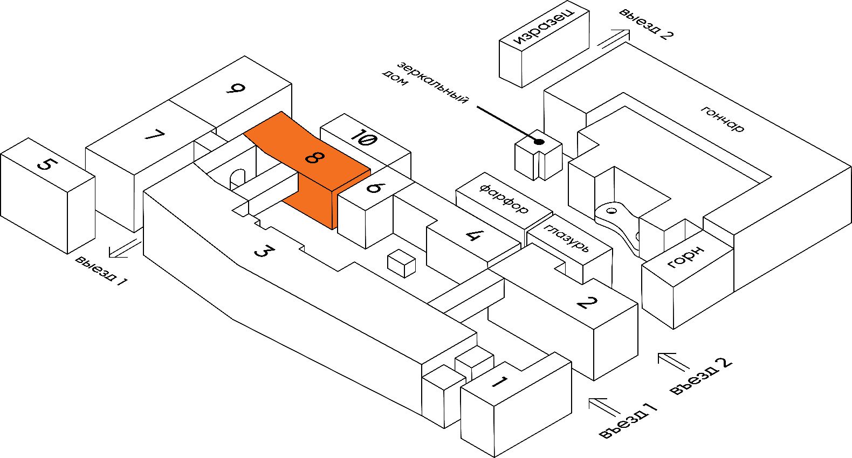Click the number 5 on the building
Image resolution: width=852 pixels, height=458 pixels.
[x=46, y=163]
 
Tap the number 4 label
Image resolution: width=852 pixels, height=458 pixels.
[x=473, y=235]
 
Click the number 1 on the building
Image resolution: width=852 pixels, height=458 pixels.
[x=499, y=383]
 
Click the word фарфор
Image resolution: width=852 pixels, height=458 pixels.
[x=504, y=199]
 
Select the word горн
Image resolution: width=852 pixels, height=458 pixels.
[x=686, y=256]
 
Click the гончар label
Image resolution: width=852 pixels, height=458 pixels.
[x=723, y=119]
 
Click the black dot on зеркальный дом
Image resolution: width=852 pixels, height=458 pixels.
[x=538, y=142]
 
